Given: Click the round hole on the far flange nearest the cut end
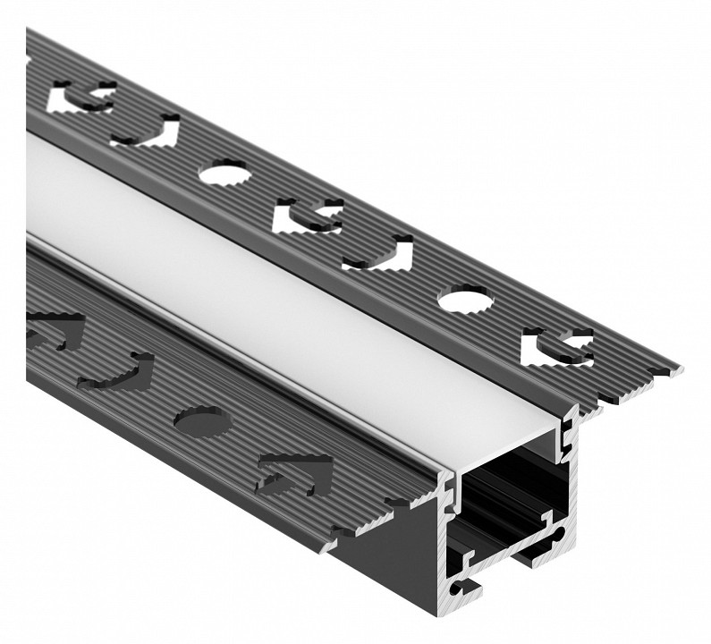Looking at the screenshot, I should (463, 299).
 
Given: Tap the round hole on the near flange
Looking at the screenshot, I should (199, 419).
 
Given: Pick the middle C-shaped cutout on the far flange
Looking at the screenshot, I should (307, 216).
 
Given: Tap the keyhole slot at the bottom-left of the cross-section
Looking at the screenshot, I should (464, 586).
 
